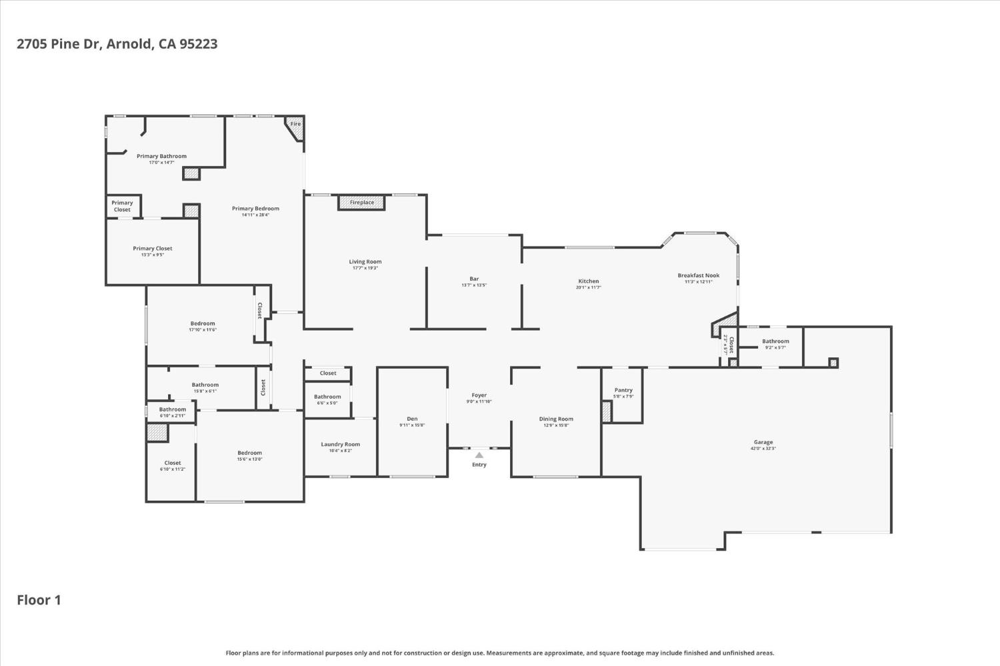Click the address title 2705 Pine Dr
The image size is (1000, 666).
point(117,44)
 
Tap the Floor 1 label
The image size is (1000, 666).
point(39,599)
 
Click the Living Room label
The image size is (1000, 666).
point(365,261)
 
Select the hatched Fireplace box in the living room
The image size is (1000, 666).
point(361,202)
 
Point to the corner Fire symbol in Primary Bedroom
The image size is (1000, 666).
point(296,126)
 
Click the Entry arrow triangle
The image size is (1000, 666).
point(479,455)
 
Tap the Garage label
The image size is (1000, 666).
point(763,442)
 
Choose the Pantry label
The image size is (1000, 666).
point(623,390)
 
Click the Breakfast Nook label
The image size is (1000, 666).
point(699,275)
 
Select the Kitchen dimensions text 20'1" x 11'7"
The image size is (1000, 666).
point(589,287)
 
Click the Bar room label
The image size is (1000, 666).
point(474,279)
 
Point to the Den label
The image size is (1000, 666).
point(412,419)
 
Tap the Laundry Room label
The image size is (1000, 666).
point(340,444)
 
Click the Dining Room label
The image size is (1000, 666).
point(556,419)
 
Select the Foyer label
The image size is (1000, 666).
point(479,395)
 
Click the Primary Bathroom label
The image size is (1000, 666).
point(161,156)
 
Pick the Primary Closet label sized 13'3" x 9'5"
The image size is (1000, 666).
point(153,248)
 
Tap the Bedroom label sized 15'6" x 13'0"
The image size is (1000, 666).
point(250,453)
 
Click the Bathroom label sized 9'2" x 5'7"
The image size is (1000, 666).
point(775,341)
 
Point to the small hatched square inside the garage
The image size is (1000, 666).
point(833,363)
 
